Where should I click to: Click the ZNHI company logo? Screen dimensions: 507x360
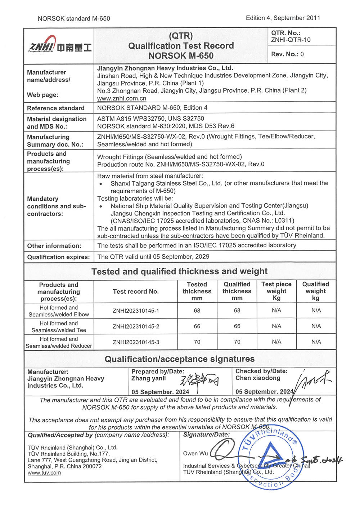(x=59, y=45)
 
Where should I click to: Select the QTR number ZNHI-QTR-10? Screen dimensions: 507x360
(x=291, y=40)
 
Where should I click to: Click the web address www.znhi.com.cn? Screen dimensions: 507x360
(x=122, y=98)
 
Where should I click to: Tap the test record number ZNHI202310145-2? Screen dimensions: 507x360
(x=136, y=326)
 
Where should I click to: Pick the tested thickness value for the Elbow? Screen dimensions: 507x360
(x=197, y=311)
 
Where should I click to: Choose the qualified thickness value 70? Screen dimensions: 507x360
(x=237, y=342)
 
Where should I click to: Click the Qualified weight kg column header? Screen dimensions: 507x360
(x=316, y=291)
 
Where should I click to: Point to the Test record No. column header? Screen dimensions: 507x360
(x=136, y=292)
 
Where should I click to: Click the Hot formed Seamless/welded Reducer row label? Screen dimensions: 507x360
(x=59, y=342)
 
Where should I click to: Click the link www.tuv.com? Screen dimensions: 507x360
(x=44, y=473)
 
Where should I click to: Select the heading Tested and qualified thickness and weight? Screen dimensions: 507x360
(x=180, y=271)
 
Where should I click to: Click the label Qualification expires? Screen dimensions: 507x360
(x=58, y=257)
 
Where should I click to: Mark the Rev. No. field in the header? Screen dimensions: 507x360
(x=287, y=54)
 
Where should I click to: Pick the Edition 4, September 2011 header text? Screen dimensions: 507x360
(x=283, y=18)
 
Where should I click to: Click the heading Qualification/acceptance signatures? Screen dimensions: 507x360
(x=180, y=359)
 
